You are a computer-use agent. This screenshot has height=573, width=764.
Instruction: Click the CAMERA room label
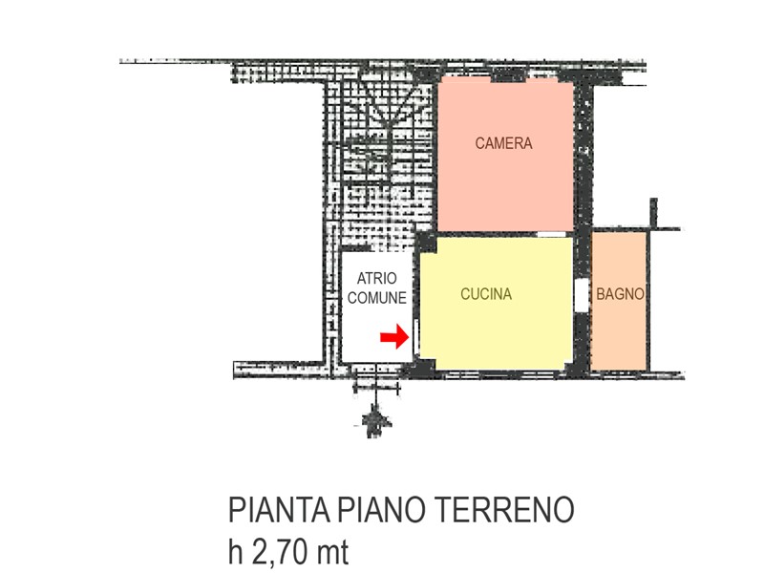(x=503, y=143)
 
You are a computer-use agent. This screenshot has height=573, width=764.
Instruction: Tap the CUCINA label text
(x=486, y=294)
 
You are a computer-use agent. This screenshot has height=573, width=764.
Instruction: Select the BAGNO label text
(x=620, y=294)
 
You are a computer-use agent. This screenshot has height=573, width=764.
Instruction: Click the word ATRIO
(x=376, y=278)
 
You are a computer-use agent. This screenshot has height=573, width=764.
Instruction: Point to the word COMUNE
(x=376, y=298)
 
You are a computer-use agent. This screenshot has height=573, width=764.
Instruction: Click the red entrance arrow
(x=394, y=337)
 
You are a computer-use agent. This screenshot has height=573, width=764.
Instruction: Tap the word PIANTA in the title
(x=279, y=510)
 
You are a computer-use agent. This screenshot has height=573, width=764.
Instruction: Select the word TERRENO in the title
(x=503, y=510)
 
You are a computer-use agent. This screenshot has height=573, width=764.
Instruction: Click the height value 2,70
(x=280, y=552)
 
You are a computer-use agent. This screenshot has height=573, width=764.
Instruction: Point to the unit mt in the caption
(x=332, y=553)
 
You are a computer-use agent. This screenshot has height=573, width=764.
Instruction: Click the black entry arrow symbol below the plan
(x=374, y=419)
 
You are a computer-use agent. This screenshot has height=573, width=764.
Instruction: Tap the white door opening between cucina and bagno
(x=581, y=295)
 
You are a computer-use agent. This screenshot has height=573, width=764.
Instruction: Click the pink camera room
(x=505, y=156)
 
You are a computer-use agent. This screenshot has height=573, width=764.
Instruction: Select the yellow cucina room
(x=496, y=303)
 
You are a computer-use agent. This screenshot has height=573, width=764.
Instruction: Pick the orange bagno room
(x=618, y=301)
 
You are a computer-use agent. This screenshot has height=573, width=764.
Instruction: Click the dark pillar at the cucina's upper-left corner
(x=427, y=242)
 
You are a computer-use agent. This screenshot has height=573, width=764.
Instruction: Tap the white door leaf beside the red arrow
(x=416, y=337)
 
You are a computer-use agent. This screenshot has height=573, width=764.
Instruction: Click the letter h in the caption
(x=235, y=552)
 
